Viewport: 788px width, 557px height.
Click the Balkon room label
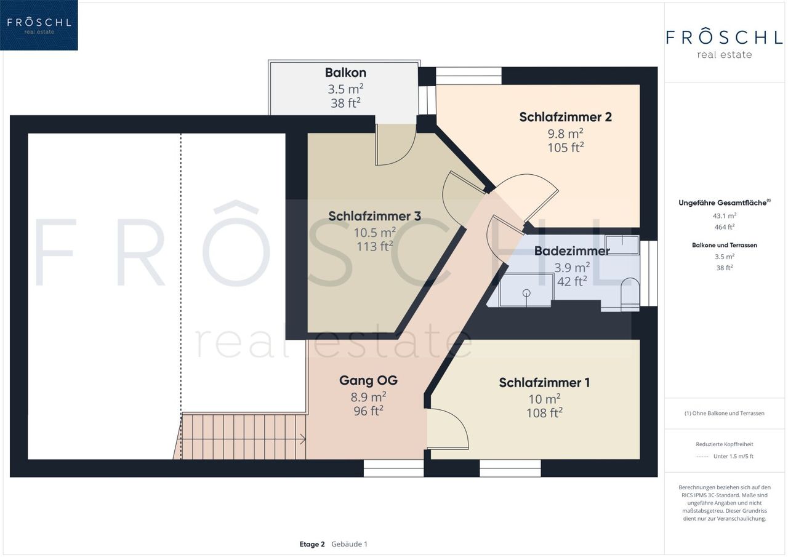pos(345,73)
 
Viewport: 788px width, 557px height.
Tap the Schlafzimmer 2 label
pos(565,117)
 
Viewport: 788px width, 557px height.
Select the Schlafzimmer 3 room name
pos(374,216)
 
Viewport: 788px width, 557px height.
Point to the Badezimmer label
pos(572,251)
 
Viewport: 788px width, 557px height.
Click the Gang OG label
pos(368,380)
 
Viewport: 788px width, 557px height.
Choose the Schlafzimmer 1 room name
pos(544,383)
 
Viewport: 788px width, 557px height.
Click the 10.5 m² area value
pos(374,232)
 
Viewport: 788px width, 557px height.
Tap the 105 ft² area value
pos(565,147)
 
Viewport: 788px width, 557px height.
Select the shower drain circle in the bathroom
pos(526,292)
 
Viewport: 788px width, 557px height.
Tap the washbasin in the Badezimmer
pos(622,245)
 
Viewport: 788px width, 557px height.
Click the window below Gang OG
pos(393,468)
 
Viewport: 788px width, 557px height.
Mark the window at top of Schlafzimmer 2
pos(468,76)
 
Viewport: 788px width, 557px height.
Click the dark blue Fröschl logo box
pos(39,25)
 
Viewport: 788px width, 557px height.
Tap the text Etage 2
pos(312,544)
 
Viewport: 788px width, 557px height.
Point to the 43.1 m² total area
pos(725,215)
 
